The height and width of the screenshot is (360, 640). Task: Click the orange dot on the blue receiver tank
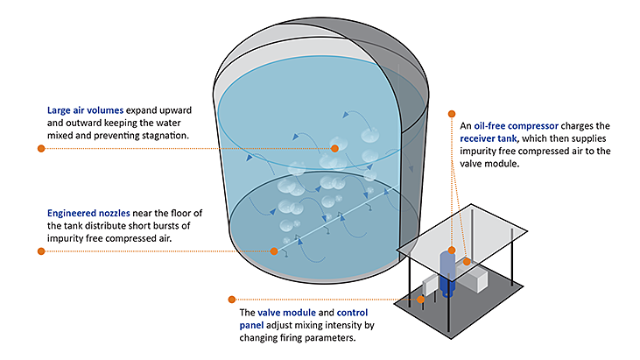point(451,251)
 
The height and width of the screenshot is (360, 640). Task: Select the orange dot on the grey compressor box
point(468,261)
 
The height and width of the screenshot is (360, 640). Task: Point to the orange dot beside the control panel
point(421,299)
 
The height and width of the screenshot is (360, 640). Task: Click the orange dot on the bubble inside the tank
point(334,149)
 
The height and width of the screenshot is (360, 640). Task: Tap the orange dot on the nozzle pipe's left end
point(274,251)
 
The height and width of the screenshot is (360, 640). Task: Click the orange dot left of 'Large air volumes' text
point(40,149)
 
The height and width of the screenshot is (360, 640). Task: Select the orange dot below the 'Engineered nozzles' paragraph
point(40,251)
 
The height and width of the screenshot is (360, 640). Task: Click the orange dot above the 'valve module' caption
point(231,299)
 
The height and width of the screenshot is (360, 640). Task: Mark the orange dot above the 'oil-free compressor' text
point(451,112)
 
